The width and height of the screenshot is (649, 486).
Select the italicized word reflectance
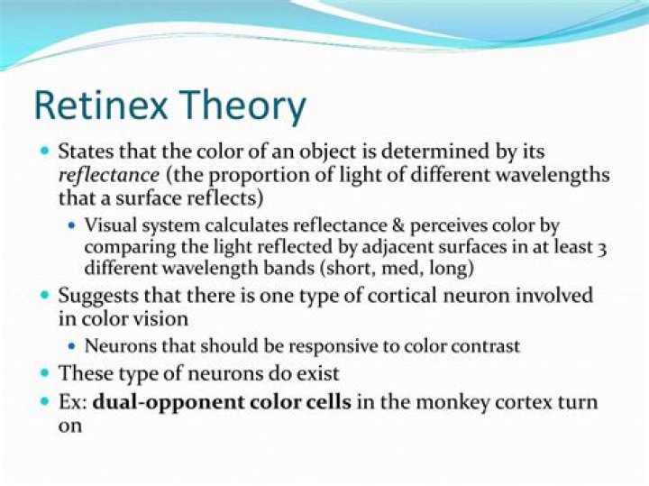click(x=109, y=175)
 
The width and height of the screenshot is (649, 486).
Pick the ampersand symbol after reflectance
click(x=398, y=225)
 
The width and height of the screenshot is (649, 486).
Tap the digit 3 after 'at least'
click(x=603, y=250)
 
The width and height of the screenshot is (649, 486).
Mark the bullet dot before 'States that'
click(x=46, y=151)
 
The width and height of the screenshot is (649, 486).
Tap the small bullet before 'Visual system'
click(x=73, y=225)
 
